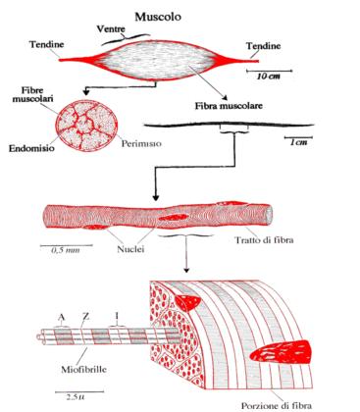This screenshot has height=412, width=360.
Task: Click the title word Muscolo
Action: (158, 17)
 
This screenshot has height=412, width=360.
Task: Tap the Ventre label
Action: (111, 28)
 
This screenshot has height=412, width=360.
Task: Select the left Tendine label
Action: (47, 44)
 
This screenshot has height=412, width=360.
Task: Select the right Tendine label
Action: (263, 46)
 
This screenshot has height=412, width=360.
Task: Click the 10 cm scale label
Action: (269, 77)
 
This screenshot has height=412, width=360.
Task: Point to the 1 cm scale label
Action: (299, 142)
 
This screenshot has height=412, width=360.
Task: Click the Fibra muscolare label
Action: (229, 106)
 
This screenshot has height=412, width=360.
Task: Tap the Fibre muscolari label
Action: (32, 94)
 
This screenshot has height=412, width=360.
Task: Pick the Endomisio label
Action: (31, 148)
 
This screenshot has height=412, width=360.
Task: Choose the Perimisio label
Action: (141, 143)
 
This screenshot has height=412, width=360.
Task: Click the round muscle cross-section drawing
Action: (86, 126)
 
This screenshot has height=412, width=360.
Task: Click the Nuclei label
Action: (130, 249)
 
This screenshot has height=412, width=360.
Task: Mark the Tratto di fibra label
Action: (264, 240)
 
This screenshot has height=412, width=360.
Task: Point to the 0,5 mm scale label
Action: (66, 250)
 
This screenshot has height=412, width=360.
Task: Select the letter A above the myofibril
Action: (61, 317)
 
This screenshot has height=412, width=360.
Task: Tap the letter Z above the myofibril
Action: (86, 317)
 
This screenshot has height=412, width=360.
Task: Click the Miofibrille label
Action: (83, 370)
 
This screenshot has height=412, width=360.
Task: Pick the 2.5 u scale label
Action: (76, 397)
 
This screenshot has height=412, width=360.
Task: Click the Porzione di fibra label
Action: (277, 406)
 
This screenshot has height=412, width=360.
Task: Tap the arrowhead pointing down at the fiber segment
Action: (156, 198)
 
